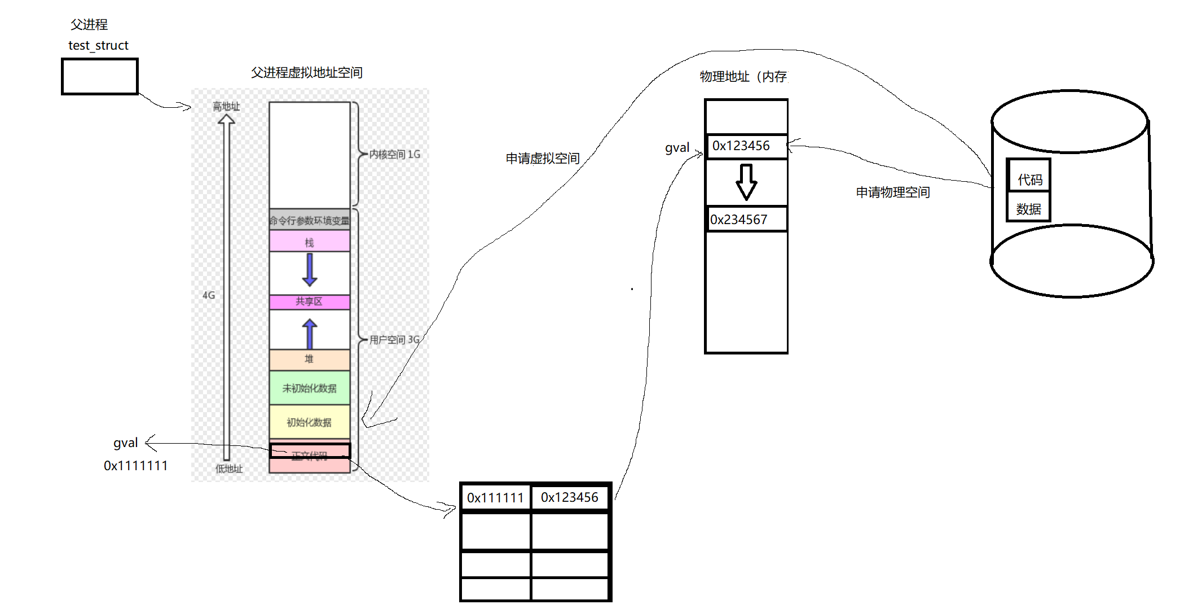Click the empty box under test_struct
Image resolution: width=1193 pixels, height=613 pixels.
(100, 76)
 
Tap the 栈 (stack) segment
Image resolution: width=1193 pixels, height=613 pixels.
(309, 242)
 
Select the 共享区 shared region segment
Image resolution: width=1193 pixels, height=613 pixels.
(309, 302)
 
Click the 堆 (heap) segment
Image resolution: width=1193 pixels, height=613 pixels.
(309, 359)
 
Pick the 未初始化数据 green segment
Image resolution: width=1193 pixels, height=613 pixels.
(309, 388)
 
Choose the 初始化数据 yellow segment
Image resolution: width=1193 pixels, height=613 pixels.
(309, 422)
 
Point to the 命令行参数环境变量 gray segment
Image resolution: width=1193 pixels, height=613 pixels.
(309, 220)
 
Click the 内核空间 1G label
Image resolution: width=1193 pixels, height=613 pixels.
(395, 154)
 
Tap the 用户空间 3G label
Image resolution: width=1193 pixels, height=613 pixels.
(394, 339)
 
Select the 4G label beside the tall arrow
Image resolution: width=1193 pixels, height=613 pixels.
(209, 295)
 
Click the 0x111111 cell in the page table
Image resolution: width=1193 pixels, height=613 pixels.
(495, 498)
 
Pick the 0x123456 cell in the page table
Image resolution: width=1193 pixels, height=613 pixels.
(570, 497)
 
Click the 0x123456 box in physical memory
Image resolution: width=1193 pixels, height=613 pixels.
(746, 146)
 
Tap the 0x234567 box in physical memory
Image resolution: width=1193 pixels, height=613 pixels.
(746, 220)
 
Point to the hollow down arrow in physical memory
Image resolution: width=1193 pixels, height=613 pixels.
(746, 182)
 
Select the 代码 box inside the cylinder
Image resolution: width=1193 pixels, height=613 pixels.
(1029, 179)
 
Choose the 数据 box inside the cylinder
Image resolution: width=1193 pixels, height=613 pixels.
(1028, 209)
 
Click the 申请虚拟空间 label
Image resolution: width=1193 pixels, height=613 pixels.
(543, 159)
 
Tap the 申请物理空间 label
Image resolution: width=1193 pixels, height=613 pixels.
(893, 192)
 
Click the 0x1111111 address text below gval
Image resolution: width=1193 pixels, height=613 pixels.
(135, 466)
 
